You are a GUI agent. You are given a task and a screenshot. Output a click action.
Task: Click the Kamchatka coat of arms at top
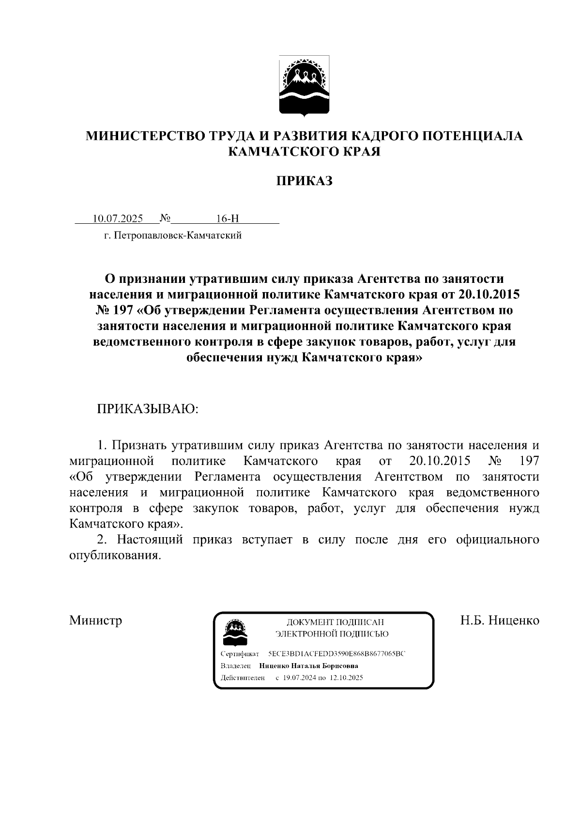[x=304, y=86]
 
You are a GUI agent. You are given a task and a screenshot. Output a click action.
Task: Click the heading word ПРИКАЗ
[x=304, y=181]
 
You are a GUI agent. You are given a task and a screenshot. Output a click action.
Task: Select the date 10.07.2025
[x=118, y=218]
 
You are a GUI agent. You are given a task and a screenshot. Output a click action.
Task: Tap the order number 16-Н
[x=227, y=218]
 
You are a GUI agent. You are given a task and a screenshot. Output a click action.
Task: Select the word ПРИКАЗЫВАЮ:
[x=148, y=409]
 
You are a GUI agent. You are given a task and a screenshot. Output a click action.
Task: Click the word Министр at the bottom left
[x=95, y=620]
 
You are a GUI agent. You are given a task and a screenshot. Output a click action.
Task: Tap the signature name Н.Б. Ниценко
[x=499, y=620]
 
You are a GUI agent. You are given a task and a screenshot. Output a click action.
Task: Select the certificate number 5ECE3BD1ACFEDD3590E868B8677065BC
[x=336, y=654]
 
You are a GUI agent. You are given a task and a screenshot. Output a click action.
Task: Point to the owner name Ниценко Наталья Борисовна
[x=308, y=666]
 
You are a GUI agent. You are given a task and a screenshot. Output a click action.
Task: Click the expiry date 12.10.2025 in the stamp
[x=346, y=678]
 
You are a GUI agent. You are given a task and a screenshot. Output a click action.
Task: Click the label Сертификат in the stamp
[x=240, y=654]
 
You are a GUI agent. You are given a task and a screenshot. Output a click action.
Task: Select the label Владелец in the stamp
[x=236, y=666]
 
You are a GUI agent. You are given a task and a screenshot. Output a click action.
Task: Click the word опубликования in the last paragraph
[x=115, y=556]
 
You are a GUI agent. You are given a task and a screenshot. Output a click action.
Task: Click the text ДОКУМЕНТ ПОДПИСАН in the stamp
[x=335, y=622]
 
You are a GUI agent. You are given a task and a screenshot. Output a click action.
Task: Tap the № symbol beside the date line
[x=165, y=218]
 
